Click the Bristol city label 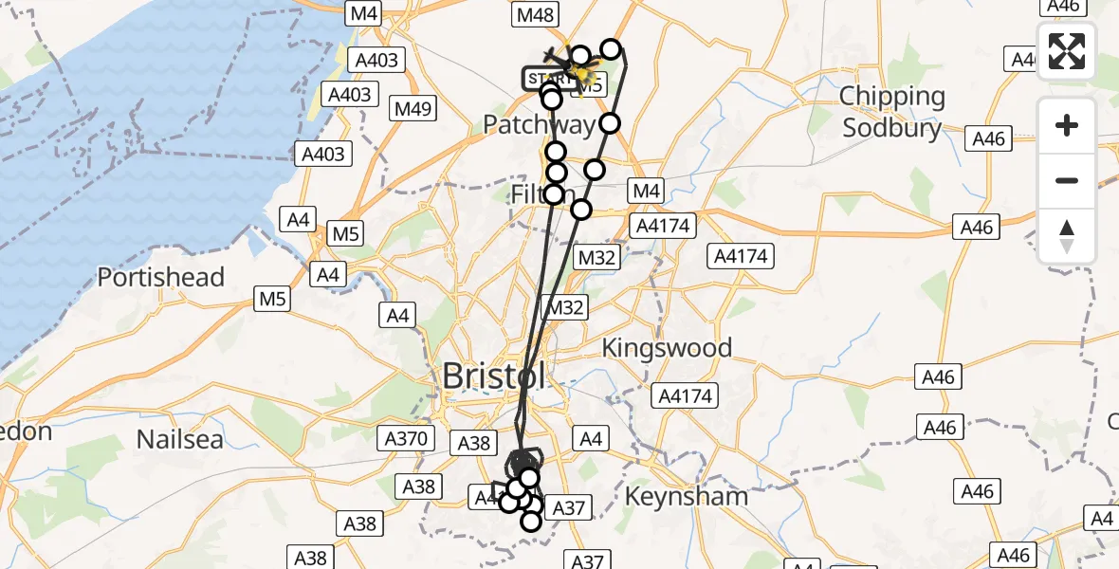pyautogui.click(x=494, y=376)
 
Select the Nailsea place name pyautogui.click(x=180, y=439)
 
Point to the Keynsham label pyautogui.click(x=687, y=496)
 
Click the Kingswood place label pyautogui.click(x=668, y=348)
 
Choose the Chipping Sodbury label pyautogui.click(x=892, y=112)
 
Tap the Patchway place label pyautogui.click(x=539, y=124)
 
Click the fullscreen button pyautogui.click(x=1067, y=51)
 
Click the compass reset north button pyautogui.click(x=1067, y=235)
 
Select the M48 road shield pyautogui.click(x=536, y=14)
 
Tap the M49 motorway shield pyautogui.click(x=413, y=108)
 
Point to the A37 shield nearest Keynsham pyautogui.click(x=568, y=508)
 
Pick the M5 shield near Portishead pyautogui.click(x=271, y=300)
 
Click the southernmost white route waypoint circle pyautogui.click(x=530, y=520)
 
